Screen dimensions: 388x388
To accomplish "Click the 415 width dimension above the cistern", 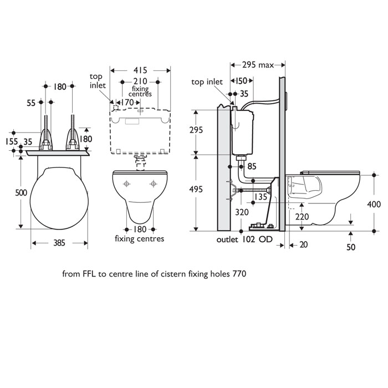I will click(x=141, y=70).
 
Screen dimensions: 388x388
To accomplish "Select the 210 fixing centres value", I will click(x=140, y=82).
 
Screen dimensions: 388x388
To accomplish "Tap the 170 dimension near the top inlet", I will click(x=127, y=102).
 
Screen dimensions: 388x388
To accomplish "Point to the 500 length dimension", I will click(x=9, y=192).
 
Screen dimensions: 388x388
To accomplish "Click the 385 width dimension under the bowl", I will click(x=60, y=242).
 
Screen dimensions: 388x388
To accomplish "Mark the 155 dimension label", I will click(x=10, y=142).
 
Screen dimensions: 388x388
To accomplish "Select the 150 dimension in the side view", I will click(x=240, y=81).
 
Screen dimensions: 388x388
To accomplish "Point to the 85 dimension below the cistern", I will click(x=252, y=165).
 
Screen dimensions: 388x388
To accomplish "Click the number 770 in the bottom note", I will click(x=239, y=273).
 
